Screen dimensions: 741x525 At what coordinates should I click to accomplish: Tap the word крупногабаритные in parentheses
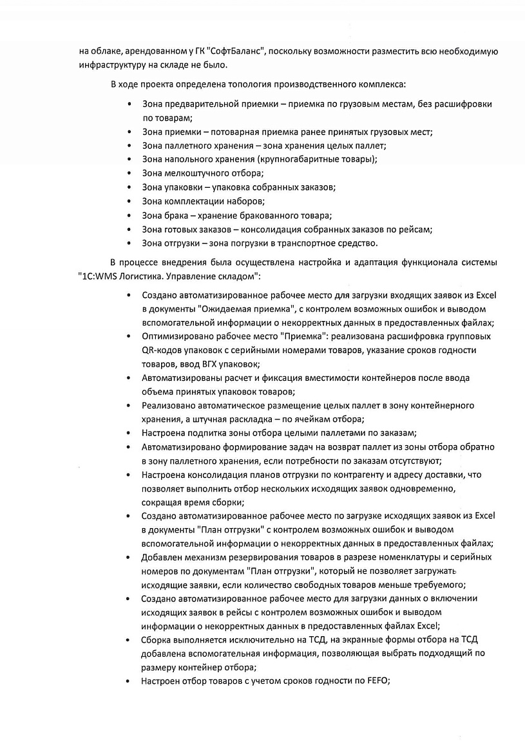pyautogui.click(x=294, y=160)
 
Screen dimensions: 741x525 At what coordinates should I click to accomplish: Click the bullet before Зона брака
pyautogui.click(x=130, y=215)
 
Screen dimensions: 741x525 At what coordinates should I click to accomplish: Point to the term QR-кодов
pyautogui.click(x=159, y=350)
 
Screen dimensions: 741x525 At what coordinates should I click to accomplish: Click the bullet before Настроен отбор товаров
pyautogui.click(x=129, y=681)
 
